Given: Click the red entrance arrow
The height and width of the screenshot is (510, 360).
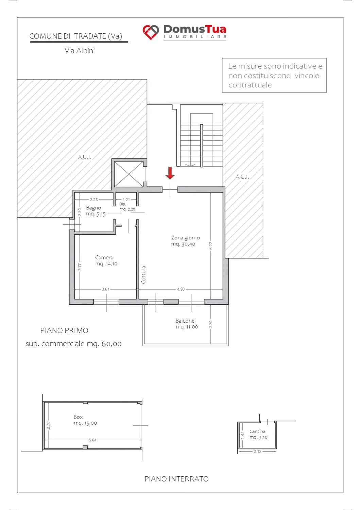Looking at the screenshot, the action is coord(170,173).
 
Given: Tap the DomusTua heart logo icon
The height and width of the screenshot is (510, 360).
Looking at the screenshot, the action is coord(151,32).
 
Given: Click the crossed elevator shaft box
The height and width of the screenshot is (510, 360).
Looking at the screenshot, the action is coord(128,174).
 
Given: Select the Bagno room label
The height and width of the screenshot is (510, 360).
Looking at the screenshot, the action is coord(93,208).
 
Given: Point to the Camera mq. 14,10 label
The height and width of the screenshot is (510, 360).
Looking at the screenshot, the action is coord(106,260).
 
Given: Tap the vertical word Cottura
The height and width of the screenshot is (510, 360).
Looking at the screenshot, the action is coord(143,275).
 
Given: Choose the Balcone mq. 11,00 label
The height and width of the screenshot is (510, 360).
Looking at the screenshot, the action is coord(187,324).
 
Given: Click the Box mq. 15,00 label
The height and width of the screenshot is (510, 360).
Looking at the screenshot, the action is coord(85,420).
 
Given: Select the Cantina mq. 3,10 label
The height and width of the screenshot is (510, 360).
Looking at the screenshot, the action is coord(258,434).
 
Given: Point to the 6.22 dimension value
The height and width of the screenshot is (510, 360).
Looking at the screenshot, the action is coord(211,246).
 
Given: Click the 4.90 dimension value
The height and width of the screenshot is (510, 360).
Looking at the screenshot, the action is coord(181,289).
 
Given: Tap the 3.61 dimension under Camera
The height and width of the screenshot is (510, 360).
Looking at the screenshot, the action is coord(106,289).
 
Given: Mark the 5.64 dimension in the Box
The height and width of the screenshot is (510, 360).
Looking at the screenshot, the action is coord(93,440).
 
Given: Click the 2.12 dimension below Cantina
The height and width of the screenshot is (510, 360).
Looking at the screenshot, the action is coord(258,452).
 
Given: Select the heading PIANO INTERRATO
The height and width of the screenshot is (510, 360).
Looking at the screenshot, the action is coord(176,479).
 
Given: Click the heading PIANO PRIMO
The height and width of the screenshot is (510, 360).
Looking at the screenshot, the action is coord(64,330).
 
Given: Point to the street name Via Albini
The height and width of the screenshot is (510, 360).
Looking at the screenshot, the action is coord(80,51).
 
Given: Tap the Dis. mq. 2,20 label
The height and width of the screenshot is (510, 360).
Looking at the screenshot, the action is coord(127,206).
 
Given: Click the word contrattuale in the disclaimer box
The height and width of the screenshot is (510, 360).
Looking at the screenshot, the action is coord(250,85).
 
